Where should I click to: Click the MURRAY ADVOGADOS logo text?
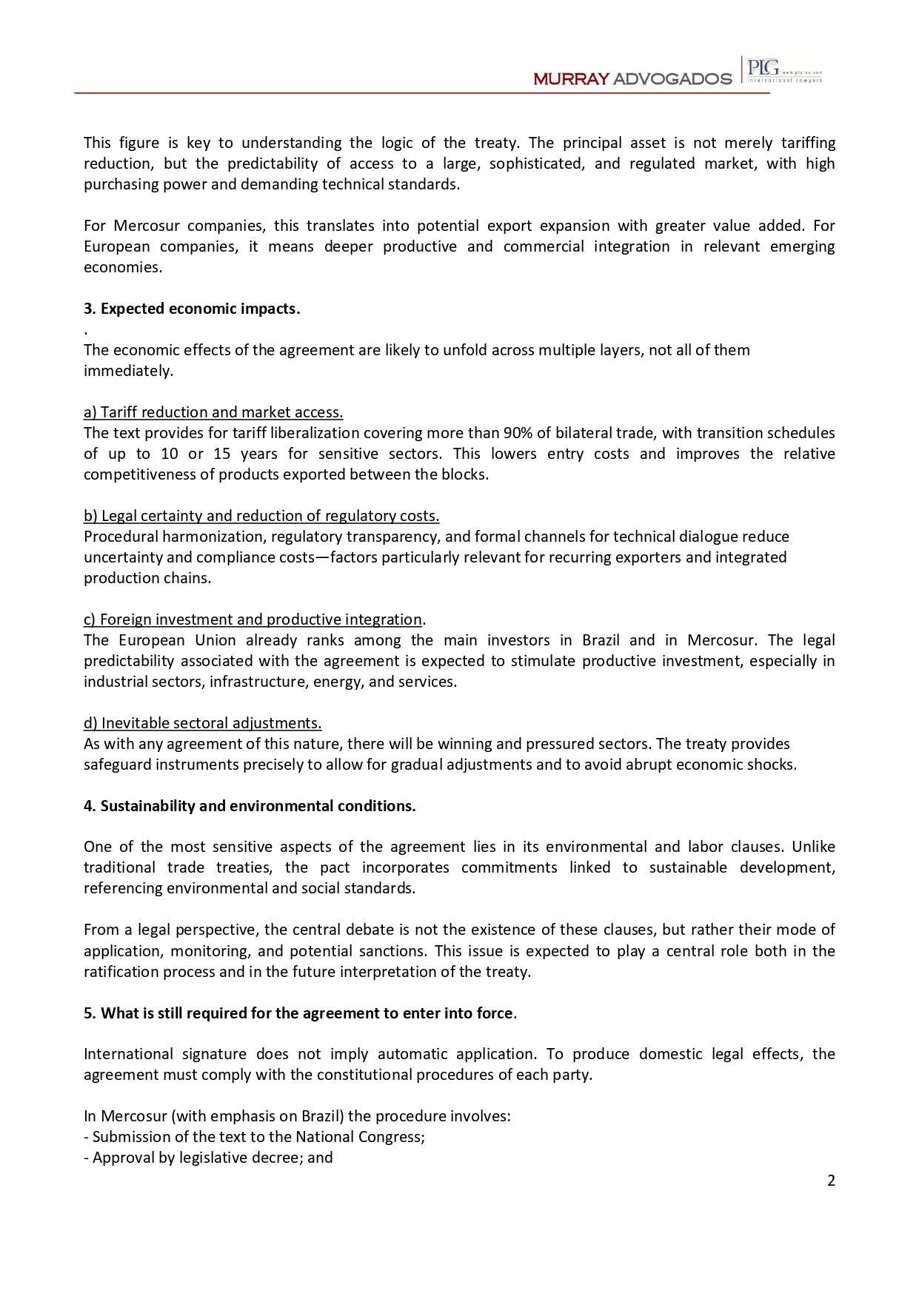[x=632, y=78]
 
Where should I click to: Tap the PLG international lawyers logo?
[x=783, y=70]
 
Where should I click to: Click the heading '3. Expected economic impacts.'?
[x=192, y=309]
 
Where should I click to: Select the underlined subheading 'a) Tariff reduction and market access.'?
[x=213, y=412]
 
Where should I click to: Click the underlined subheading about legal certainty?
[x=261, y=516]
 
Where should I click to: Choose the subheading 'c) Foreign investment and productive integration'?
[x=253, y=620]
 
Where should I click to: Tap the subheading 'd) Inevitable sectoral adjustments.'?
[x=203, y=723]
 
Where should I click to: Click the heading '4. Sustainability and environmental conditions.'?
[x=250, y=806]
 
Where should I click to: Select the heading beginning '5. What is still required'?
[x=298, y=1013]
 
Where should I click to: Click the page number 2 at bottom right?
[x=831, y=1181]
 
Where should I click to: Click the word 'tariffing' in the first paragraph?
[x=808, y=143]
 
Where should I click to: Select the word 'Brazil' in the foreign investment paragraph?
[x=601, y=640]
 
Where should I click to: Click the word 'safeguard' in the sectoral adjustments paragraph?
[x=117, y=765]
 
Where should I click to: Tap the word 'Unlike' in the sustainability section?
[x=813, y=847]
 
